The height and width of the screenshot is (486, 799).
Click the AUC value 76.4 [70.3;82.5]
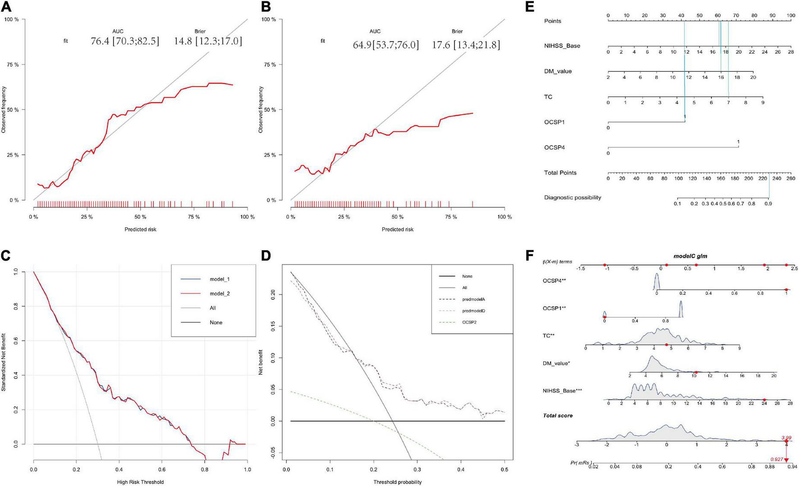click(x=125, y=41)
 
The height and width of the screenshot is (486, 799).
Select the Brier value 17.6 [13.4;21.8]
click(x=466, y=45)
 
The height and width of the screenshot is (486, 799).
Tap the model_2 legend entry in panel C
click(x=219, y=293)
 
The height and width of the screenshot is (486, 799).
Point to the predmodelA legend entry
click(x=473, y=299)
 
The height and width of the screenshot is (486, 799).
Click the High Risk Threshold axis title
click(x=140, y=482)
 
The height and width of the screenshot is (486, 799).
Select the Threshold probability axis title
click(x=397, y=482)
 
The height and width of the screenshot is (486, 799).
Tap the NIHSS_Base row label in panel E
click(x=562, y=46)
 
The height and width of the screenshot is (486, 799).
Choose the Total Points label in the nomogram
click(x=560, y=173)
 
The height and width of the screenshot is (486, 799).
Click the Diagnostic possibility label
click(x=572, y=197)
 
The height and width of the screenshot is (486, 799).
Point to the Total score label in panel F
click(x=557, y=415)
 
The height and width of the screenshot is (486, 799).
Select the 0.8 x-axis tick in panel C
click(x=204, y=469)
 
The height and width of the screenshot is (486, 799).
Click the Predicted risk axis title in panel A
click(x=140, y=229)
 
